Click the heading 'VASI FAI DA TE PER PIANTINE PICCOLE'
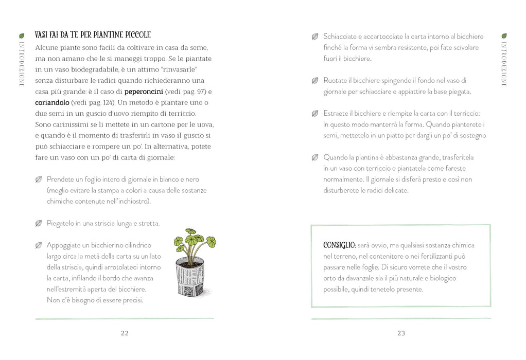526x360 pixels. coord(93,35)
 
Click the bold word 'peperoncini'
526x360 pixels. coord(144,92)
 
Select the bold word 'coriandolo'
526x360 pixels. coord(52,102)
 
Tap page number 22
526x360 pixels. coord(125,333)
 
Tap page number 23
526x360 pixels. coord(401,333)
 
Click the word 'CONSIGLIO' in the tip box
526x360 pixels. coord(339,245)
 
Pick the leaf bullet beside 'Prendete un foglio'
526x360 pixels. coord(39,179)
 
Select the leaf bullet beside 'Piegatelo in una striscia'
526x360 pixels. coord(39,223)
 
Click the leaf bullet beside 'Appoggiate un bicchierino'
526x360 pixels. coord(39,245)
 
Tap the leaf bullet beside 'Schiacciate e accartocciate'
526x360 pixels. coord(315,37)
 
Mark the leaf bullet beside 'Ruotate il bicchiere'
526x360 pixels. coord(315,80)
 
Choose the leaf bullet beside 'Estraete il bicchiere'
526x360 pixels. coord(315,114)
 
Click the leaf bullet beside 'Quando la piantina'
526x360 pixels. coord(315,157)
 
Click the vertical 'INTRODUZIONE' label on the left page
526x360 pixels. coord(22,64)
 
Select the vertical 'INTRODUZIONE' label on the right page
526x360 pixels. coord(504,64)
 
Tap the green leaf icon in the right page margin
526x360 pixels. coord(504,36)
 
